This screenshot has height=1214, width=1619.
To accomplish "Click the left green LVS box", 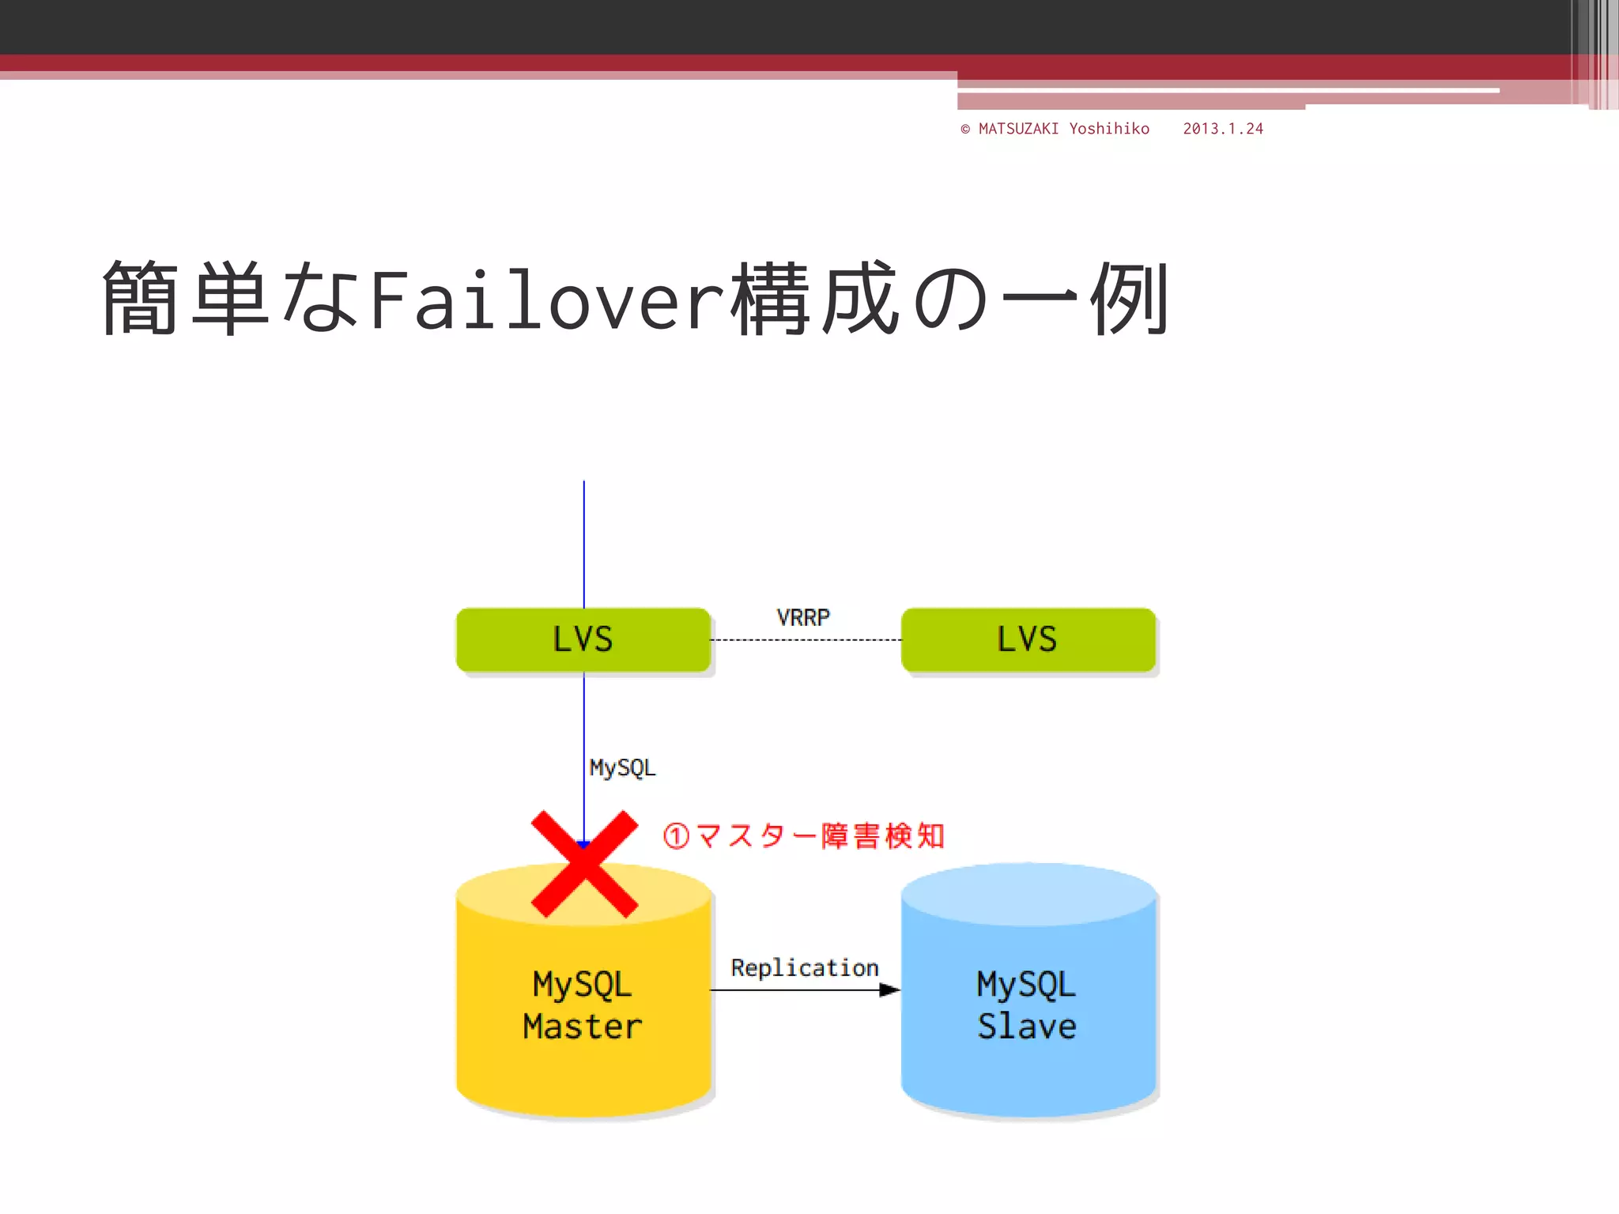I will (x=583, y=639).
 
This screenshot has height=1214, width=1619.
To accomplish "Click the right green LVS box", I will (x=1028, y=639).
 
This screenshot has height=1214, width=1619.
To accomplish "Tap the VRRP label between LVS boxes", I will (x=803, y=617).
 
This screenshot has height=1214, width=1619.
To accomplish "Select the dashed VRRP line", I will (x=806, y=640).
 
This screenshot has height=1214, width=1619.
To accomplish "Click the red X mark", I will (x=584, y=864).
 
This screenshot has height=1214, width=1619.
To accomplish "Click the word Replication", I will (x=804, y=968).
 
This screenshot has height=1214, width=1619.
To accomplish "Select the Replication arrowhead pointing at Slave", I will (x=889, y=990).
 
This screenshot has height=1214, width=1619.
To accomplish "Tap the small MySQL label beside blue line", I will (x=622, y=767).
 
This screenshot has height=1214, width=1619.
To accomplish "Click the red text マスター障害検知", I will (x=820, y=836).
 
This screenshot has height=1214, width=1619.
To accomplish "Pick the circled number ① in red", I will (x=677, y=836).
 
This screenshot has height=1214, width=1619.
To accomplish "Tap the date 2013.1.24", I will (x=1223, y=129).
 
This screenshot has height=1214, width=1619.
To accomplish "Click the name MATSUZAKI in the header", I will (x=1018, y=129).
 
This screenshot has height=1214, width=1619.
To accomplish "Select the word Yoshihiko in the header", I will (x=1109, y=129).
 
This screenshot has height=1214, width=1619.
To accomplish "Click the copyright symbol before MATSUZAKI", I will (x=965, y=129).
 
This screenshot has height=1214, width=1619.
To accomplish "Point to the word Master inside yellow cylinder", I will (x=583, y=1027).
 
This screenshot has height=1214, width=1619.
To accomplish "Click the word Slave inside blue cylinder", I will (x=1027, y=1027).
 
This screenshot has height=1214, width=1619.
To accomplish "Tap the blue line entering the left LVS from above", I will (x=584, y=545).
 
